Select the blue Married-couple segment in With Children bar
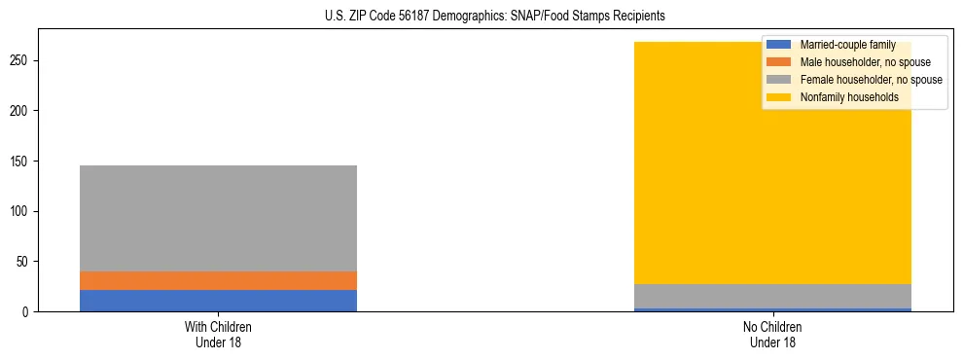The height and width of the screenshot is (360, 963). point(218,301)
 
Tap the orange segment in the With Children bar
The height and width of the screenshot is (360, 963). point(218,280)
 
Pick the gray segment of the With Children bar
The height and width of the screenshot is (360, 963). point(218,218)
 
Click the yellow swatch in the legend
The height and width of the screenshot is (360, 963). point(779,97)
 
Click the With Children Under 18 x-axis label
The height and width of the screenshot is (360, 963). point(218,334)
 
